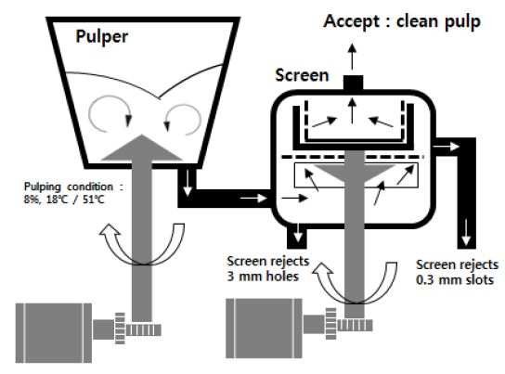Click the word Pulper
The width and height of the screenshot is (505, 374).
tap(102, 37)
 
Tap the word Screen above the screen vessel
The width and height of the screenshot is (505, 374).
tap(302, 75)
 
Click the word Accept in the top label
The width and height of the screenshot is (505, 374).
tap(352, 21)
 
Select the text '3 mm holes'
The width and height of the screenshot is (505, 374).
tap(263, 277)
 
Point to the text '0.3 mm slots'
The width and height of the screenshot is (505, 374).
tap(455, 279)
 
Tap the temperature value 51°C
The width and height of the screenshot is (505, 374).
tap(94, 200)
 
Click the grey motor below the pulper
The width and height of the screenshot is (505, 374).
tap(54, 332)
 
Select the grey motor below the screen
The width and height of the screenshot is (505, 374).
tap(264, 328)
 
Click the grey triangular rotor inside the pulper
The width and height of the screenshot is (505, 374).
tap(142, 148)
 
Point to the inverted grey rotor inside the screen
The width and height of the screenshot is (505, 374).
tap(355, 174)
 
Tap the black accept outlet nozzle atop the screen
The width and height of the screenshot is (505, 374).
tap(354, 83)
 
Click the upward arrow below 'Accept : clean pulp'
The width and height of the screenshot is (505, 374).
tap(353, 57)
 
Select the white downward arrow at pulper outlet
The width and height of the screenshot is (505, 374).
tap(188, 183)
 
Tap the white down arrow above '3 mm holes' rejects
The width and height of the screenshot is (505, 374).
tap(298, 232)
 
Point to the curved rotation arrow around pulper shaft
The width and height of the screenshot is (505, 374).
tap(142, 244)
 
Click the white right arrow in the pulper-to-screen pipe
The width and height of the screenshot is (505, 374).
tap(253, 198)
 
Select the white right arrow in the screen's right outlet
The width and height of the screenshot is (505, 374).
tap(447, 147)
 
